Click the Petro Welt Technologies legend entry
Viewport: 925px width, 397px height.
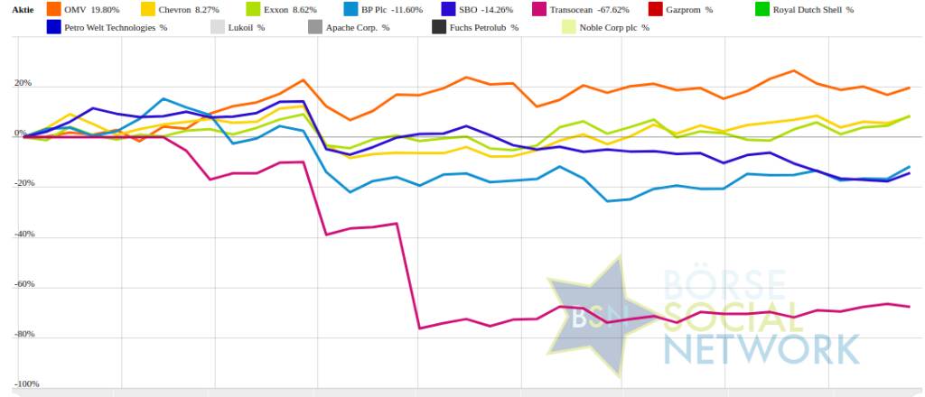[116, 27]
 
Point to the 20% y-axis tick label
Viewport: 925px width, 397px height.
[21, 84]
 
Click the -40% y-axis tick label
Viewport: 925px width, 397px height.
[19, 234]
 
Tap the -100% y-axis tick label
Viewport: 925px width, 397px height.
[17, 384]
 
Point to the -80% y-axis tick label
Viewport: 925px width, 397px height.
[19, 334]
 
